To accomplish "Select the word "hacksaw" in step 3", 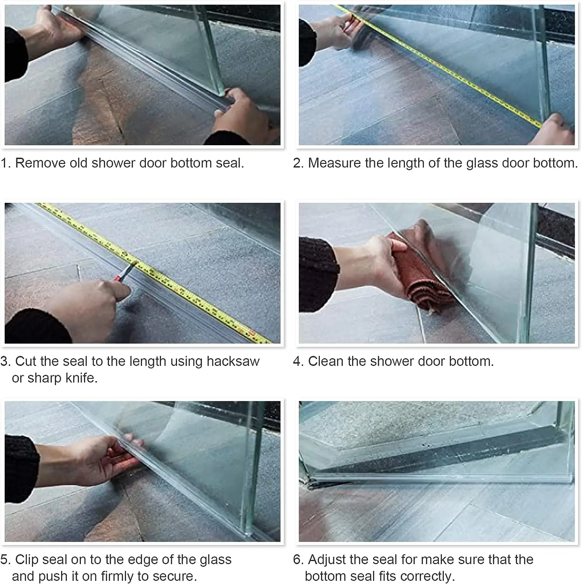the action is point(233,361).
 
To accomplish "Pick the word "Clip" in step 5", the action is point(27,559).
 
